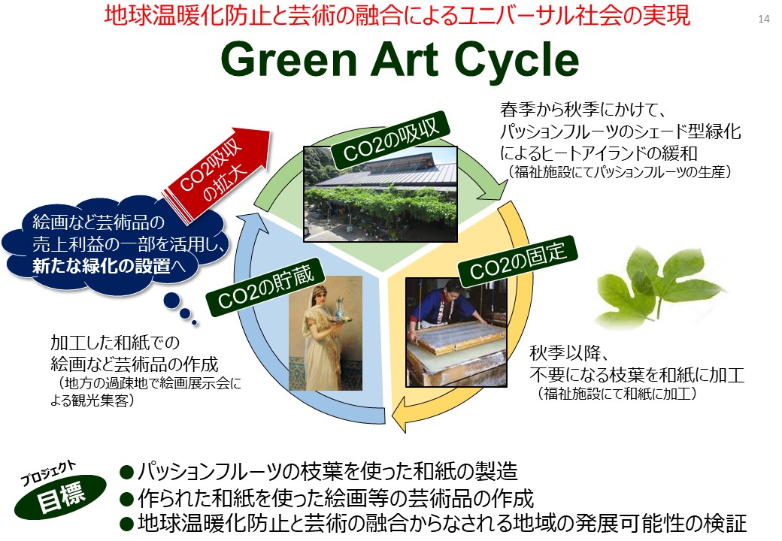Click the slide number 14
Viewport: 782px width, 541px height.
point(763,19)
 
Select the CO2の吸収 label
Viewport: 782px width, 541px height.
point(389,137)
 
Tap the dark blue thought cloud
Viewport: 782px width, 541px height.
point(116,244)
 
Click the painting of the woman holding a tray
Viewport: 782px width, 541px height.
point(326,333)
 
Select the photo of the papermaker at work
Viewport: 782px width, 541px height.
point(456,332)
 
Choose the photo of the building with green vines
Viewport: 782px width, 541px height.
point(380,194)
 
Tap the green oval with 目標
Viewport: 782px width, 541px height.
point(61,497)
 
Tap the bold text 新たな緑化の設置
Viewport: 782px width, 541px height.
point(102,266)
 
